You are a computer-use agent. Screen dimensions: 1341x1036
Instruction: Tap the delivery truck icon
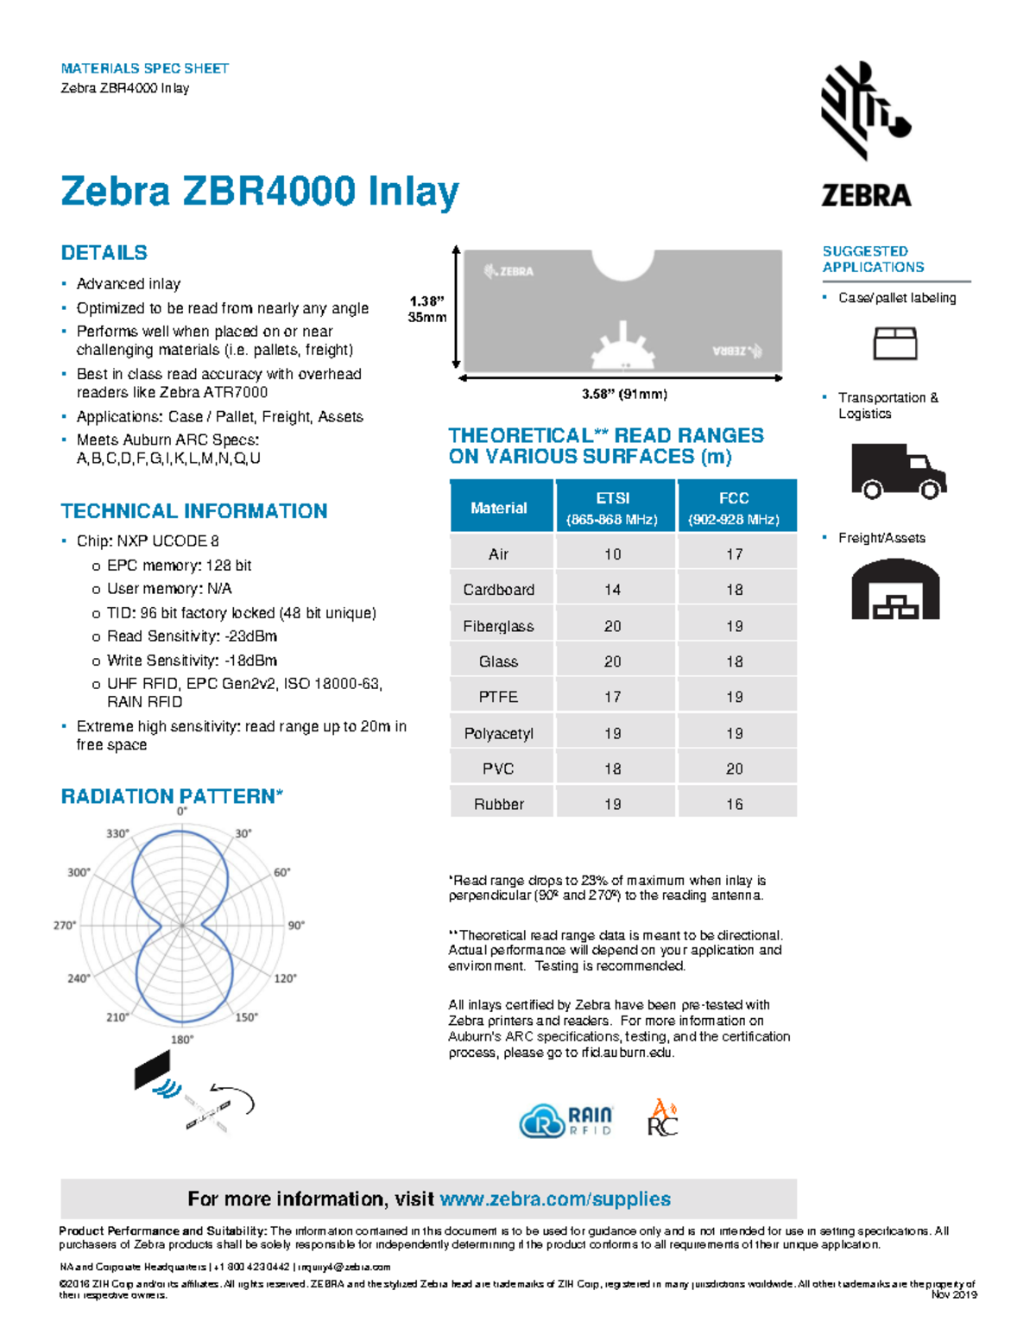(898, 471)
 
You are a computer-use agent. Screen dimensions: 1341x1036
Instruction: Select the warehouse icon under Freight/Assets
(895, 590)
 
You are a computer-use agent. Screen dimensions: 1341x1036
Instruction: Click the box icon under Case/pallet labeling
(894, 343)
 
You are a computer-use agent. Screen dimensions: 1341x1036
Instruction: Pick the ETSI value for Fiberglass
(612, 626)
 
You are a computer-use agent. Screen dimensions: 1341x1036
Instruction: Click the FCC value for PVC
(734, 769)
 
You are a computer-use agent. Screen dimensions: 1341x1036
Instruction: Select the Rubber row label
(498, 804)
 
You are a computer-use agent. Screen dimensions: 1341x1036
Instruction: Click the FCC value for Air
(734, 554)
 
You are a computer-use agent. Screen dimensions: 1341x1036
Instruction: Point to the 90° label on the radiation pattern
(296, 925)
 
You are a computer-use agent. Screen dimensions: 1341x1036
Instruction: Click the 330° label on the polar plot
(117, 833)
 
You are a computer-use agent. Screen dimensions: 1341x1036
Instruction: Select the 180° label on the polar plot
(181, 1040)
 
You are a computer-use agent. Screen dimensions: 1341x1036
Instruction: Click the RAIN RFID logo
(566, 1120)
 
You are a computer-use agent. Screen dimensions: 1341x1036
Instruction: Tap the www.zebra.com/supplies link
(555, 1199)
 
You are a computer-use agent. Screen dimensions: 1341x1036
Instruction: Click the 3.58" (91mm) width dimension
(624, 394)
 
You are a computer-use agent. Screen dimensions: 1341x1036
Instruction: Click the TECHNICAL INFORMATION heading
(194, 510)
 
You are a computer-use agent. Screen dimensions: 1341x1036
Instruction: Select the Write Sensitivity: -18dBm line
(192, 661)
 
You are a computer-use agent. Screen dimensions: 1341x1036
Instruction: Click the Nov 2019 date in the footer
(953, 1294)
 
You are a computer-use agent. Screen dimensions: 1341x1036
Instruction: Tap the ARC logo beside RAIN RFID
(662, 1118)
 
